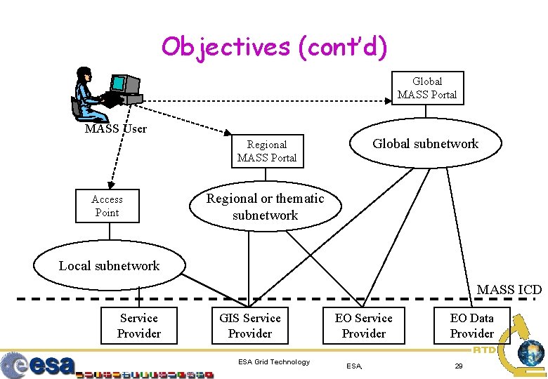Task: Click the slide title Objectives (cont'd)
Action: click(x=274, y=47)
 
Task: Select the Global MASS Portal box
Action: click(x=427, y=88)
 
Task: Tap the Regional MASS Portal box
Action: click(x=267, y=151)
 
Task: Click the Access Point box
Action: click(x=107, y=206)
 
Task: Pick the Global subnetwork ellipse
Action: click(x=425, y=144)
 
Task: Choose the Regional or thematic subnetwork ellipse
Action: click(x=265, y=207)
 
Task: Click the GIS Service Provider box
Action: click(x=249, y=326)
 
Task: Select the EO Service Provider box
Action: click(x=363, y=326)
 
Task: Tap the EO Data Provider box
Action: click(x=471, y=326)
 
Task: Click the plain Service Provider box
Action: click(x=138, y=326)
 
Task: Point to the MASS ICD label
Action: click(x=509, y=289)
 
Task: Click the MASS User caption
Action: click(x=115, y=128)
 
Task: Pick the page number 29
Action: click(x=458, y=366)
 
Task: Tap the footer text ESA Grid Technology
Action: click(x=273, y=362)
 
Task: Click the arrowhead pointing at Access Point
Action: click(x=108, y=184)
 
